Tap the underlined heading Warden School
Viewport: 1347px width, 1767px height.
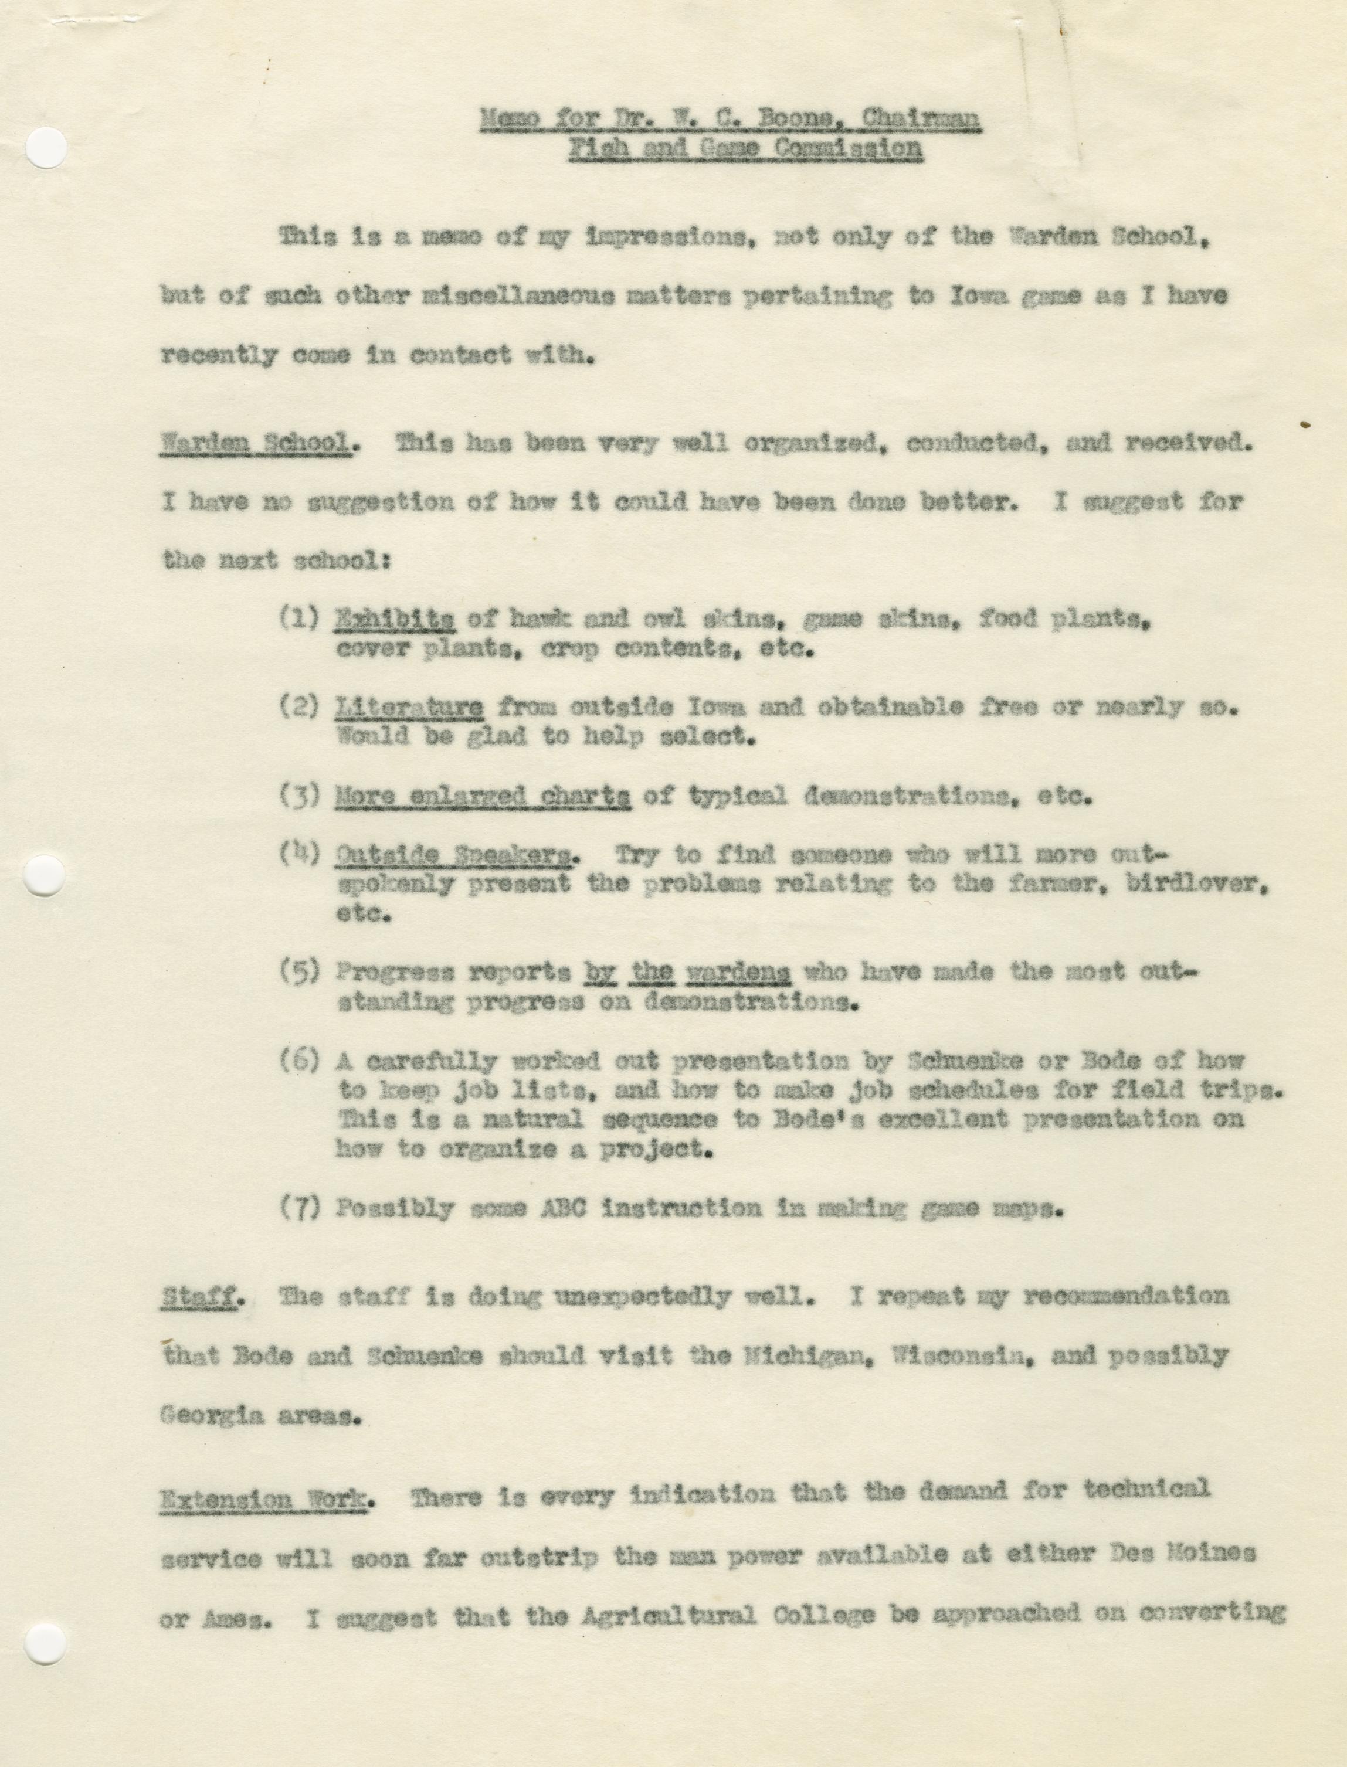tap(256, 444)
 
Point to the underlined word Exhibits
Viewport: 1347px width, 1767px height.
tap(395, 619)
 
